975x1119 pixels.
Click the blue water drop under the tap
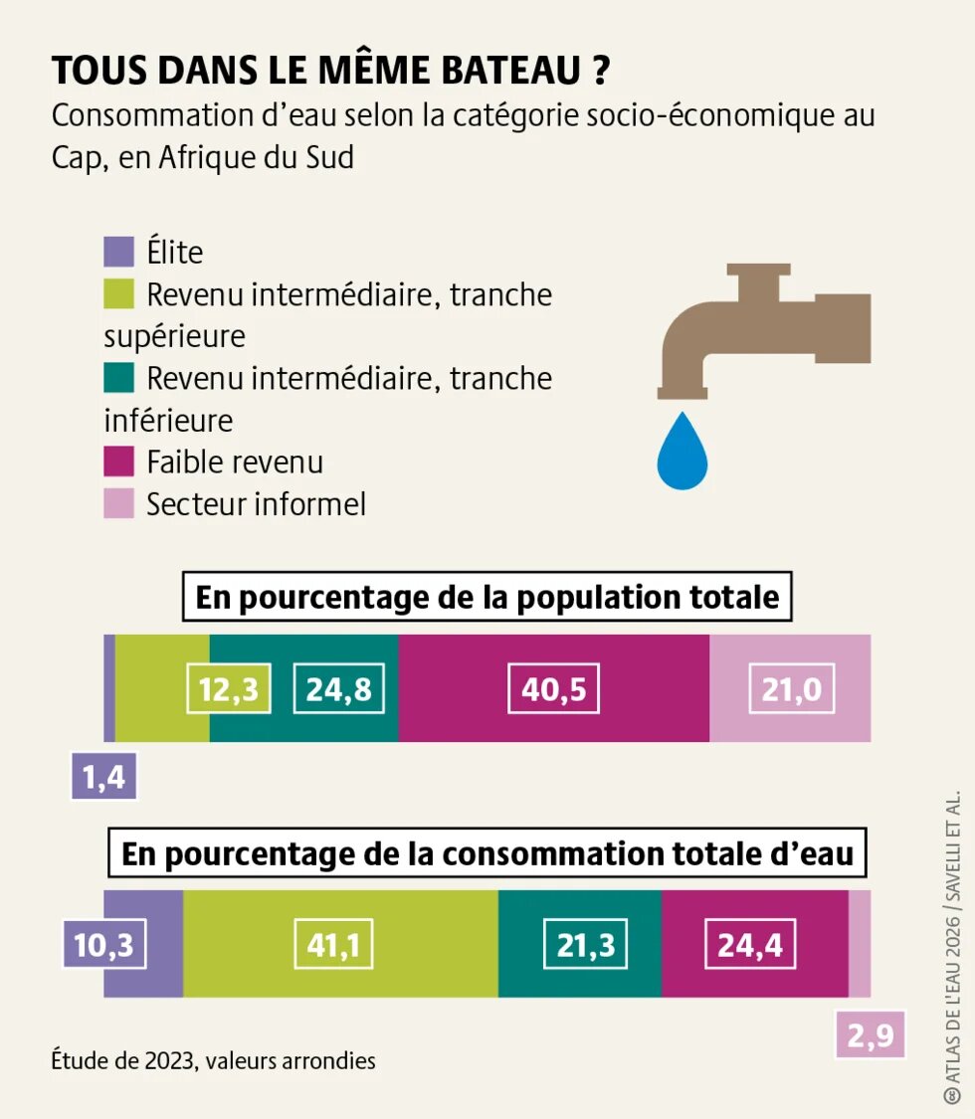682,454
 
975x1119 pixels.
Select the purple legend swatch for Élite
118,253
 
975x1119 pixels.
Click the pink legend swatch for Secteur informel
118,504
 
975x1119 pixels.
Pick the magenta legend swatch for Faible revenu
118,463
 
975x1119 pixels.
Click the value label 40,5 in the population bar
553,688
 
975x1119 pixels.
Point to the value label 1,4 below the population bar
103,776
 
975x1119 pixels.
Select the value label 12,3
230,688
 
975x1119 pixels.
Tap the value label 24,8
338,688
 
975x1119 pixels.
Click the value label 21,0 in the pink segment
792,688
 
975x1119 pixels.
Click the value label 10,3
103,944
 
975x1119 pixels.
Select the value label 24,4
750,944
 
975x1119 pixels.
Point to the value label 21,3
586,944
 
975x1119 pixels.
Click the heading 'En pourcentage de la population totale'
487,597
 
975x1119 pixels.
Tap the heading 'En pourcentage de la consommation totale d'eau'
487,853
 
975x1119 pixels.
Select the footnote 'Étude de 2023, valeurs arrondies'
214,1060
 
